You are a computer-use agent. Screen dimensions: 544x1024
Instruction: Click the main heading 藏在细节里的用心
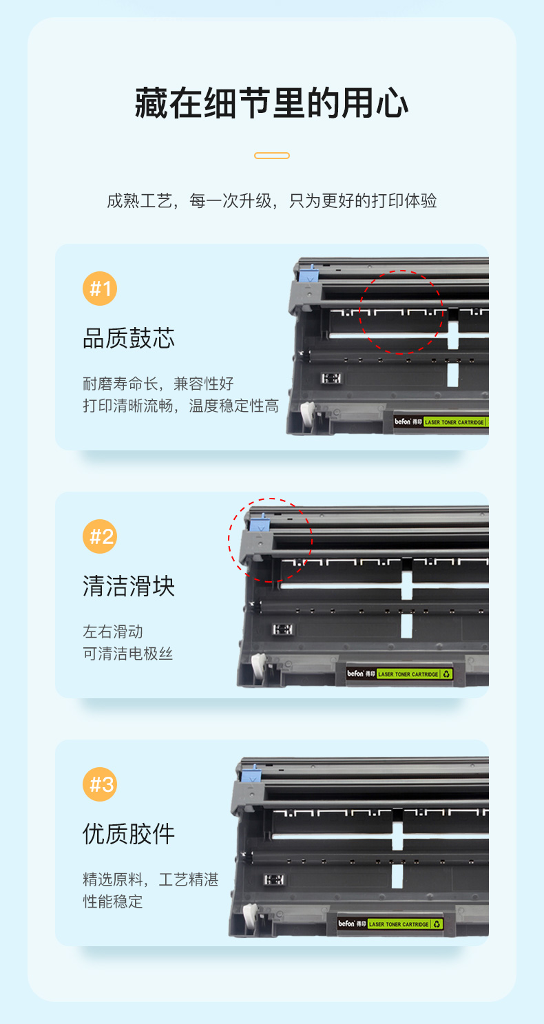click(x=271, y=103)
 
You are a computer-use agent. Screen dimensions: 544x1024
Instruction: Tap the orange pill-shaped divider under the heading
click(x=271, y=156)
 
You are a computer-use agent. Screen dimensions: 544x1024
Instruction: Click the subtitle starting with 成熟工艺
click(x=271, y=200)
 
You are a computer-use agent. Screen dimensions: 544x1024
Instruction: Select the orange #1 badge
click(x=100, y=289)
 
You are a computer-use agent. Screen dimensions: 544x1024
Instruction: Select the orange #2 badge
click(x=100, y=536)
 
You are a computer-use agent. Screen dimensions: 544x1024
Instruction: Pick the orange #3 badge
click(x=100, y=784)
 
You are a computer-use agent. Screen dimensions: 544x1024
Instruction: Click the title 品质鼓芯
click(x=129, y=338)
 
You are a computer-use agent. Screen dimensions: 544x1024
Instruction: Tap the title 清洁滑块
click(x=129, y=586)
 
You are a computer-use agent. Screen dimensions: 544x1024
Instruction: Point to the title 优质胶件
click(x=129, y=834)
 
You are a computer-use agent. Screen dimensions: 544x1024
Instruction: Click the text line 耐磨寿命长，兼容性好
click(x=158, y=384)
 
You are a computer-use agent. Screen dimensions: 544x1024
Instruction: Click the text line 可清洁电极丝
click(x=127, y=654)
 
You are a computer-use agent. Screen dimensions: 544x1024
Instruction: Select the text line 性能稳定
click(x=112, y=901)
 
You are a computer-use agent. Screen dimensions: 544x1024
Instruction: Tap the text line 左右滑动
click(x=112, y=631)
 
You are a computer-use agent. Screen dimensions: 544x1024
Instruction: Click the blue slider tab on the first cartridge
click(x=306, y=274)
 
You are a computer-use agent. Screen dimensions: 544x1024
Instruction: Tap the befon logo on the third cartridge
click(x=347, y=923)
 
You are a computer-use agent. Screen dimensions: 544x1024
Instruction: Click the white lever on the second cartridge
click(x=259, y=665)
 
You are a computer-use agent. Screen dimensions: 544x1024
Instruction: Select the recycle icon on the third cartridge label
click(x=437, y=924)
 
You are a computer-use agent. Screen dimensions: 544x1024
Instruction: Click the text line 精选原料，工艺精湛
click(x=150, y=879)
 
